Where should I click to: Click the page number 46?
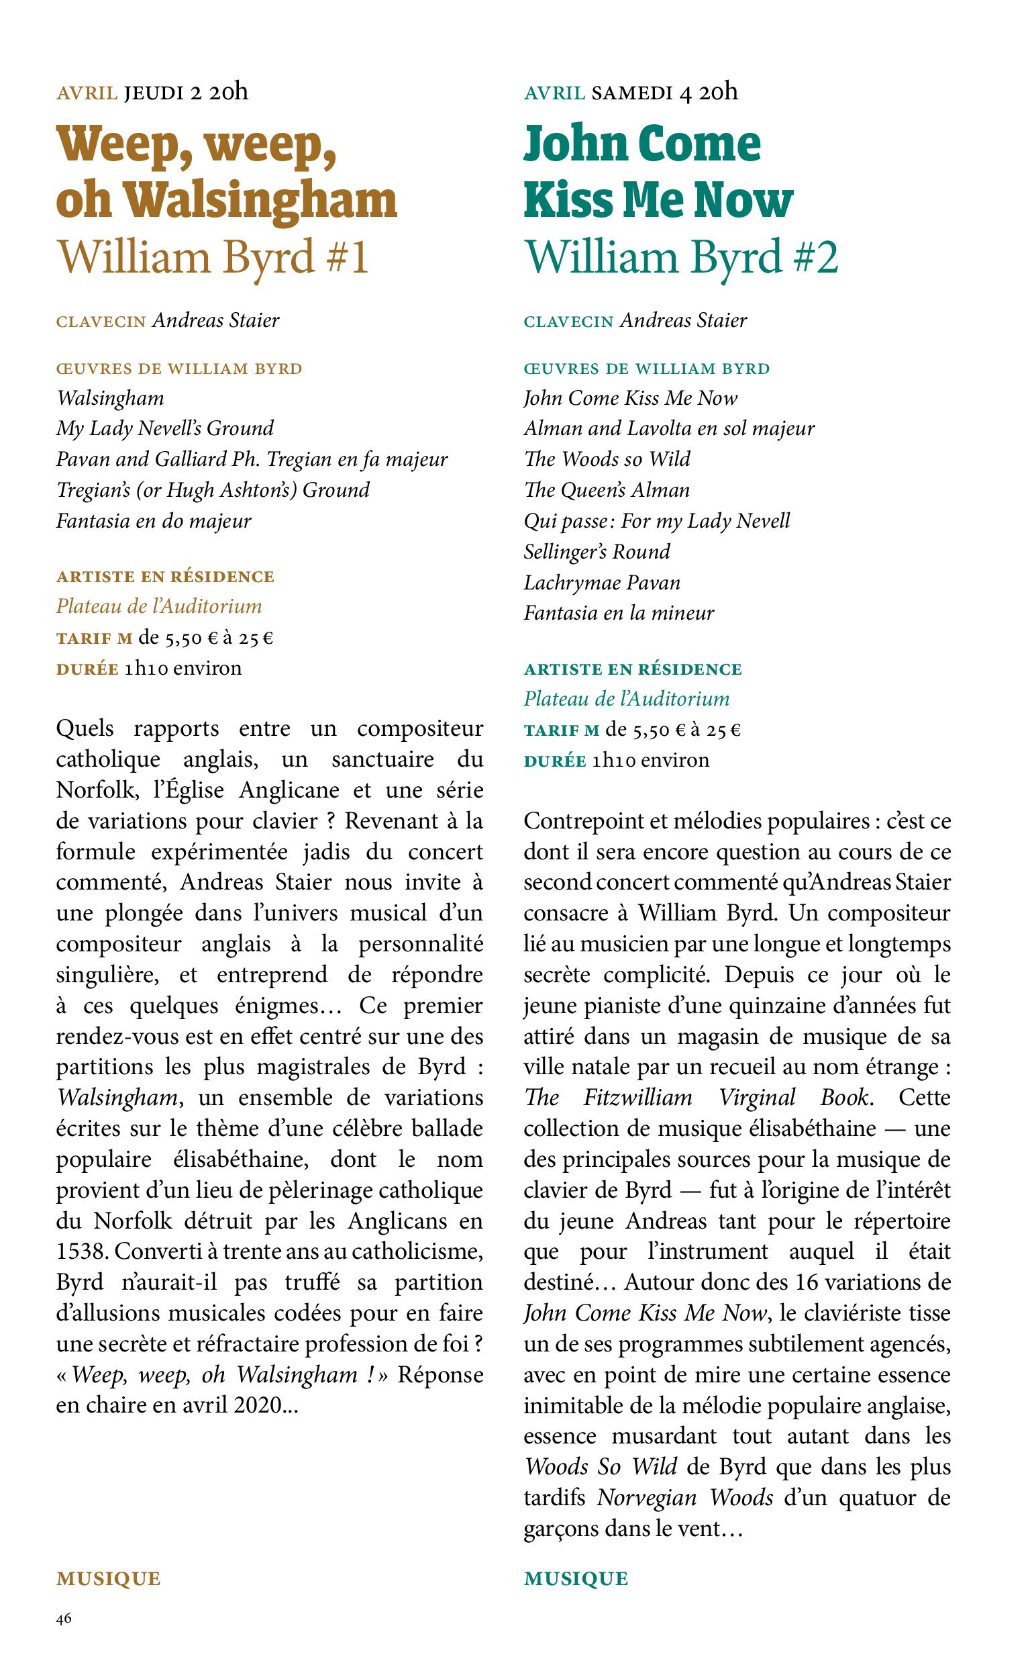[64, 1620]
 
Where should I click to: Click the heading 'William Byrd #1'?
[213, 258]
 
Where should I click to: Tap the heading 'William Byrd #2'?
[680, 258]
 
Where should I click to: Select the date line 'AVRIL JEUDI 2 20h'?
[152, 92]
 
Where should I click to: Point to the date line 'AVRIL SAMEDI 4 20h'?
[631, 92]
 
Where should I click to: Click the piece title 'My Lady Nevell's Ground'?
[165, 428]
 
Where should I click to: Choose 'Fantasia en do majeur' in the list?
[154, 522]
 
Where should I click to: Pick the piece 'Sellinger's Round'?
[597, 551]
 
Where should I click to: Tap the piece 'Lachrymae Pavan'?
[602, 583]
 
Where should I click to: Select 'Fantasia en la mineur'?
[619, 614]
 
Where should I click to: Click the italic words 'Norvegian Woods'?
[684, 1498]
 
